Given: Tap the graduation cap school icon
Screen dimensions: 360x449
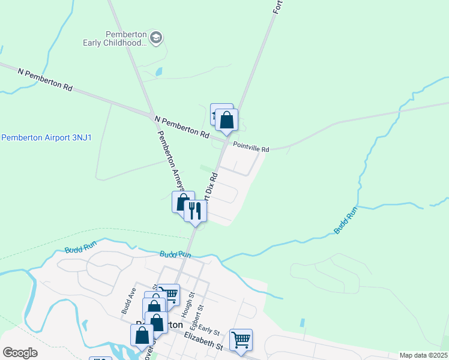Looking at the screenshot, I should pyautogui.click(x=156, y=38).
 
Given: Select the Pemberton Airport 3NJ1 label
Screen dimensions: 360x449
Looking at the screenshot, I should pyautogui.click(x=46, y=137).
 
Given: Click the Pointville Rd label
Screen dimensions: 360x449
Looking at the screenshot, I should pyautogui.click(x=252, y=148).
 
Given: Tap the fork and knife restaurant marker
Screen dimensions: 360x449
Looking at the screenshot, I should pyautogui.click(x=195, y=211).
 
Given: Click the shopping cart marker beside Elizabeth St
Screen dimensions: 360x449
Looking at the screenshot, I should pyautogui.click(x=241, y=339).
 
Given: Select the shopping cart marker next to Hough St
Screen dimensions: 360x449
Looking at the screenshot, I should pyautogui.click(x=169, y=294).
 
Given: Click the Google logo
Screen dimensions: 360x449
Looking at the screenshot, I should pyautogui.click(x=20, y=353).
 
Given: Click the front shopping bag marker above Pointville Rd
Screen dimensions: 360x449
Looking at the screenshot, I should pyautogui.click(x=226, y=120).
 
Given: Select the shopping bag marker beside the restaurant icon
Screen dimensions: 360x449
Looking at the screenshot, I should pyautogui.click(x=182, y=202).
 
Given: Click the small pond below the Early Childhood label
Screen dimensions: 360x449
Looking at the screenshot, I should pyautogui.click(x=158, y=71).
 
